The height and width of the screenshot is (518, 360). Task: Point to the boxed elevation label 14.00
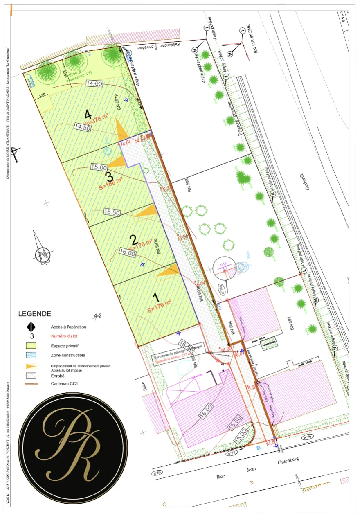tap(94, 83)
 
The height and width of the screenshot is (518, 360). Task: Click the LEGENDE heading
tap(35, 314)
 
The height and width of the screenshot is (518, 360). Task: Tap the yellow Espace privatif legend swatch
tap(32, 346)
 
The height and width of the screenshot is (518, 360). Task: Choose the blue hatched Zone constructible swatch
tap(32, 355)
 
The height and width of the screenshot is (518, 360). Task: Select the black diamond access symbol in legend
tap(32, 327)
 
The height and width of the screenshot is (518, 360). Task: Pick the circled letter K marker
tap(273, 194)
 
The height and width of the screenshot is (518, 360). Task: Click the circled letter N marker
tap(335, 349)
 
